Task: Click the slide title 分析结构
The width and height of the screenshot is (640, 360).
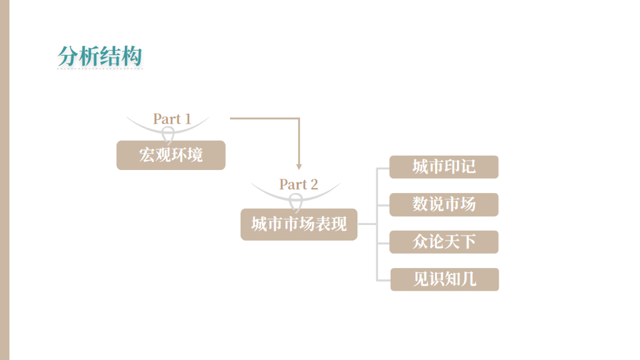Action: click(100, 57)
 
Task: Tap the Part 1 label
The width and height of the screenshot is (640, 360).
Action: click(172, 119)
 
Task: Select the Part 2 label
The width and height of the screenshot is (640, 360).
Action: click(298, 184)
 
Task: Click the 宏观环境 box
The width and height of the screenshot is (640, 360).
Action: click(171, 155)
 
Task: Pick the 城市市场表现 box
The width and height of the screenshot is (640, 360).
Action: click(299, 224)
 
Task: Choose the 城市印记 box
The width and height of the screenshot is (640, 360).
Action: click(444, 167)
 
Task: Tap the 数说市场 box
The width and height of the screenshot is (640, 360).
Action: click(444, 204)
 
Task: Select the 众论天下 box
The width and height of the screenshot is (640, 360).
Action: click(444, 242)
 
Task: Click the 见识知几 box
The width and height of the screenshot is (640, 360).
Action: click(444, 279)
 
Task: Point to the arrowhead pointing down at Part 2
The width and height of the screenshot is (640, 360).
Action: click(299, 167)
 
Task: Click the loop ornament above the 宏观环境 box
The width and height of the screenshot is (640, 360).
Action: click(168, 134)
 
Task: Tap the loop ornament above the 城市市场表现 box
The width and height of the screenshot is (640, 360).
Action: click(296, 201)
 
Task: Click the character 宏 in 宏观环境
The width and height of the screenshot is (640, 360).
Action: click(147, 155)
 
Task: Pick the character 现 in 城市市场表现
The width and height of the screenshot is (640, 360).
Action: click(339, 224)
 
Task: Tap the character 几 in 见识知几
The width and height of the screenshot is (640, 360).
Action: click(468, 279)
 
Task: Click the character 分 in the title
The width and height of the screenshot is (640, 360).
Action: click(67, 57)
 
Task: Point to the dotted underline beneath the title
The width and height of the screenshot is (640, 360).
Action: click(100, 68)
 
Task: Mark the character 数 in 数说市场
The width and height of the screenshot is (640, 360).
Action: click(420, 204)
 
